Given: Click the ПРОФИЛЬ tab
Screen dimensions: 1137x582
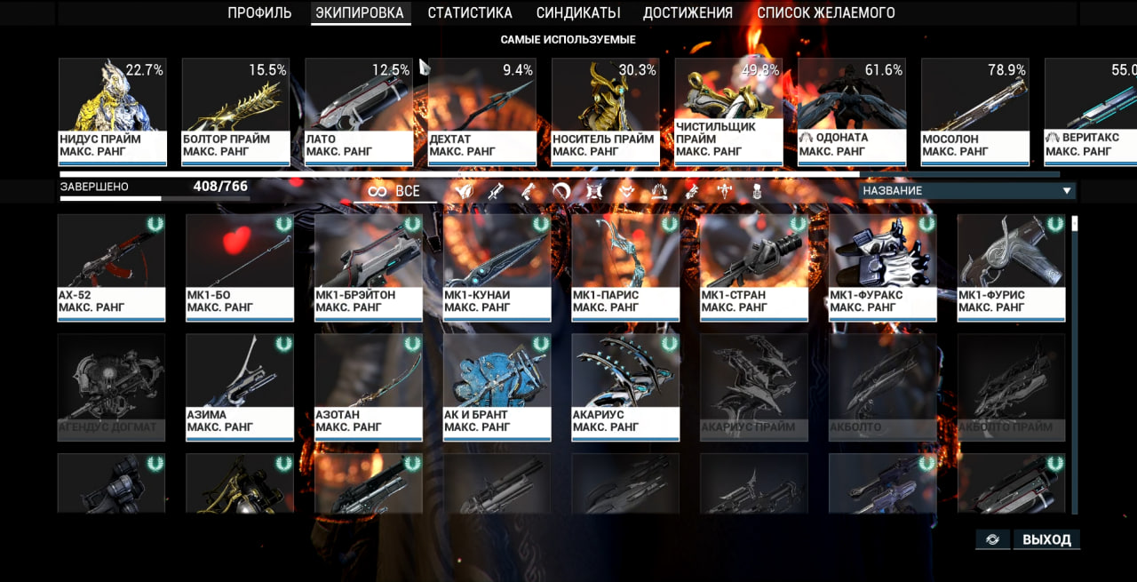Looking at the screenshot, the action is click(x=259, y=13).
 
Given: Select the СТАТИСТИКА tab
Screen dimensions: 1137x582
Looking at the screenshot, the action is click(x=470, y=13).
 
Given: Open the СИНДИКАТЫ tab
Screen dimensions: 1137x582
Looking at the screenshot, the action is click(x=578, y=13).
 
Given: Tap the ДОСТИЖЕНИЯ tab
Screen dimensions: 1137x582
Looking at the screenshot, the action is click(x=688, y=13).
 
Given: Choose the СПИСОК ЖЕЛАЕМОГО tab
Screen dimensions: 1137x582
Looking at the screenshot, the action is click(x=826, y=13).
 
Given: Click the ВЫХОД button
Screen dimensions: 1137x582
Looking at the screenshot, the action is click(x=1046, y=539).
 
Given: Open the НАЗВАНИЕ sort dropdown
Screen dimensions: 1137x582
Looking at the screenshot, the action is click(x=967, y=191).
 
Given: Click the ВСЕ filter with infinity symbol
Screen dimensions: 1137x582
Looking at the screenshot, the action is click(x=395, y=191).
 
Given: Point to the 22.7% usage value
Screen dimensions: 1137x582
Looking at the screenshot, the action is click(x=144, y=70).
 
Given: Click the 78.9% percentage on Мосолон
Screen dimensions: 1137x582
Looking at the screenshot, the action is click(x=1006, y=70).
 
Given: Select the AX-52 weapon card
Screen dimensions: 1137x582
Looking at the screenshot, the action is click(x=111, y=267).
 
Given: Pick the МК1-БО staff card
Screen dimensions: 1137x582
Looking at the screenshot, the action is click(x=240, y=267).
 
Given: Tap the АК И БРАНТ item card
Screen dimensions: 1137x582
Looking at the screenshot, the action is click(x=497, y=387).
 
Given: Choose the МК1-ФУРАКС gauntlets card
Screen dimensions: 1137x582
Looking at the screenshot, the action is click(x=883, y=267).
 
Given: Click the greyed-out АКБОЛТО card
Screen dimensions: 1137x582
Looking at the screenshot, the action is click(x=883, y=387).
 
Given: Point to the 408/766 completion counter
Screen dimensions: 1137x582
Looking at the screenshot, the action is click(x=220, y=187).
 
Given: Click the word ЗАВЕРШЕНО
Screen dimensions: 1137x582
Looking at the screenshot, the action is click(x=94, y=187).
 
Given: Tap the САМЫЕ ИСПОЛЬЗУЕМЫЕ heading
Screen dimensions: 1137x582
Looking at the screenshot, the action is click(x=568, y=40).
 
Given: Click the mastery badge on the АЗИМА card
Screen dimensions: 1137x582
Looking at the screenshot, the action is click(x=283, y=344).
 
